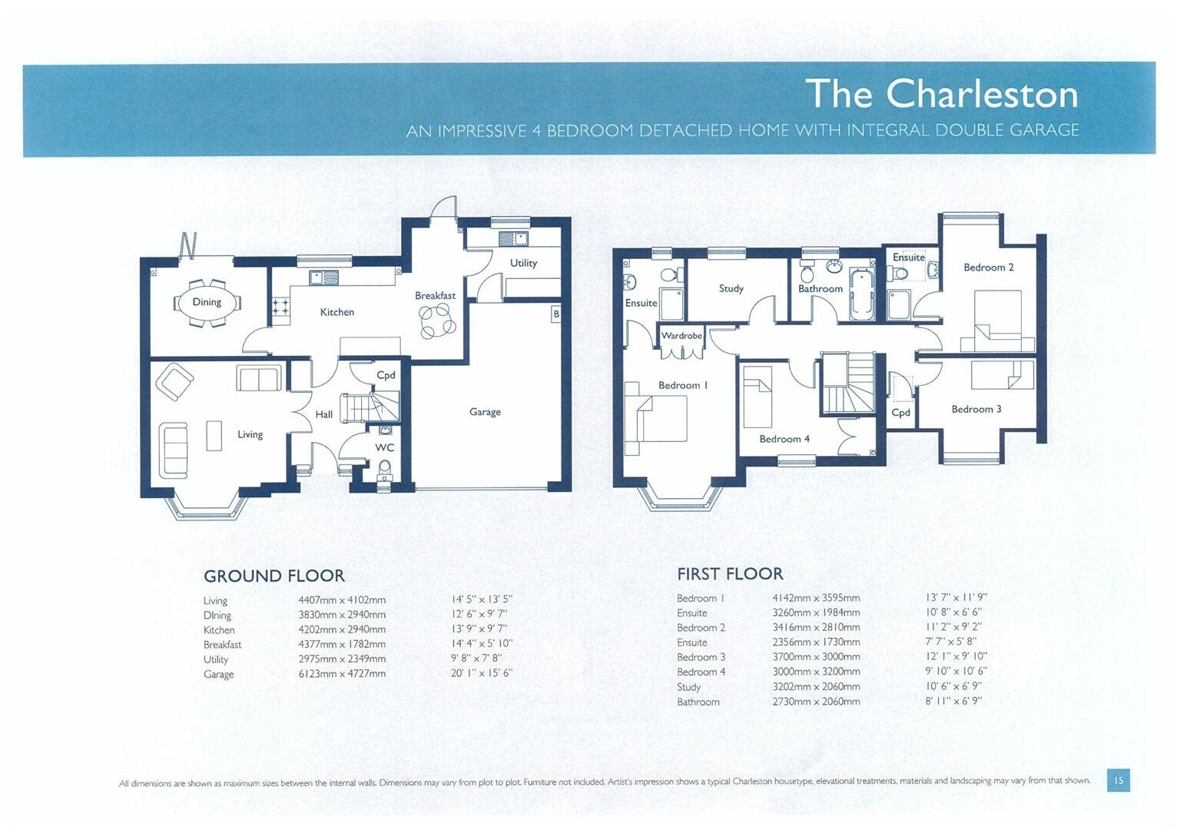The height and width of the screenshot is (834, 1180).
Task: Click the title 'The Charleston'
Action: (x=941, y=94)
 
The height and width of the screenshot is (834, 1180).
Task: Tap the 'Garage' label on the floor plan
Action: (x=485, y=412)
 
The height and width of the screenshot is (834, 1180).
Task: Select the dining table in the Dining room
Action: (x=207, y=302)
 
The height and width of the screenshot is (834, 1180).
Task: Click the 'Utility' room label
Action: (x=523, y=263)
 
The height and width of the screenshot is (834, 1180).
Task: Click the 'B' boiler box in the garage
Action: (x=556, y=314)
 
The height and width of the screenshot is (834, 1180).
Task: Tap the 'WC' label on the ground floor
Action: (x=384, y=447)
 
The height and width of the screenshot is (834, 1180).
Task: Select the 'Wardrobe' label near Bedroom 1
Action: (x=681, y=336)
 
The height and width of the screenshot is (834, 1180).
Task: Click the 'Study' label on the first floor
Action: (x=731, y=288)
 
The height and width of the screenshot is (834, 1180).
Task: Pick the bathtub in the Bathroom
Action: (x=862, y=294)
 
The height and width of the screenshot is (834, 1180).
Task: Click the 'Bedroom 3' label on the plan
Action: (x=976, y=409)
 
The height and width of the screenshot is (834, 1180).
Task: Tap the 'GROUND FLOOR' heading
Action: (x=273, y=576)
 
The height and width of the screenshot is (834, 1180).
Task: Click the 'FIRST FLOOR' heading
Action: (x=730, y=573)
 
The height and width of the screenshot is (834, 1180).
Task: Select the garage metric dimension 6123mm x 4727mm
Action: (x=342, y=673)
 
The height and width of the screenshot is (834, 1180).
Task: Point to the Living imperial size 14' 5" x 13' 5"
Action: (x=482, y=600)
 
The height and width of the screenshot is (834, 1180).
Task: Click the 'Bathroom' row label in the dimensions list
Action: (x=698, y=702)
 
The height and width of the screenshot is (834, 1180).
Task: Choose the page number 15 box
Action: (x=1118, y=780)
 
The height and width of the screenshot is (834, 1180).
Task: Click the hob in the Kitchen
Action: (x=280, y=307)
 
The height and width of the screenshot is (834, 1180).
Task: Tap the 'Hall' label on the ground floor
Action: (x=323, y=414)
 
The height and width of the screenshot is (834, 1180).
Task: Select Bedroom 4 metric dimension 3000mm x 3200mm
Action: (x=816, y=672)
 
